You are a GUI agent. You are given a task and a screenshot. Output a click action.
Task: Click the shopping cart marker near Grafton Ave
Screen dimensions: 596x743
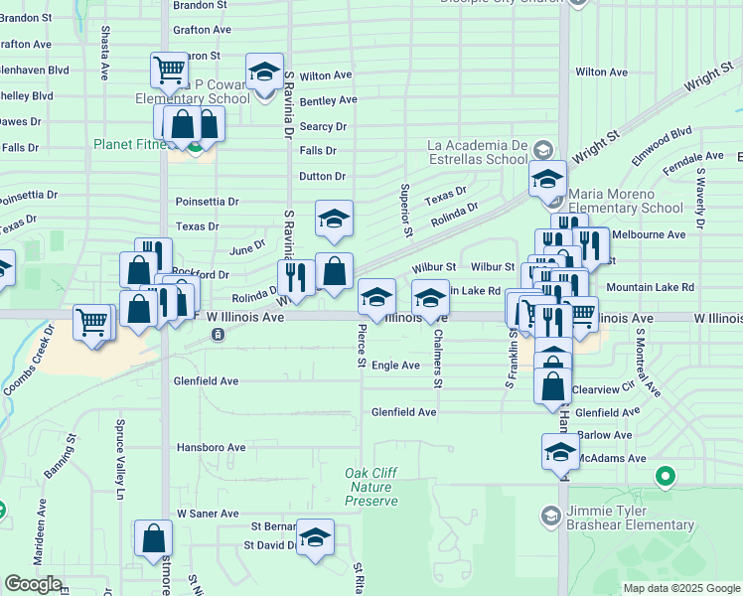(x=169, y=70)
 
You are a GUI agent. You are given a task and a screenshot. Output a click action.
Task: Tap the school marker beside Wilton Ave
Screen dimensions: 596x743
(x=263, y=74)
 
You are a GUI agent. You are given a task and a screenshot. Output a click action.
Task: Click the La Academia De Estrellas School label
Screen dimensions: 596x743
(x=477, y=151)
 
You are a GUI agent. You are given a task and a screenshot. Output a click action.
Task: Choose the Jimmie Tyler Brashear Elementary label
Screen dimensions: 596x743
(x=630, y=518)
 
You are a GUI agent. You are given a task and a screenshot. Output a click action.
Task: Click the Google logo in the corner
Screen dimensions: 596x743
(x=33, y=584)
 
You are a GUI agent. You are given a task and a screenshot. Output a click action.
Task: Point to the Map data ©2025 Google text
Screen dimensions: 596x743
(x=680, y=588)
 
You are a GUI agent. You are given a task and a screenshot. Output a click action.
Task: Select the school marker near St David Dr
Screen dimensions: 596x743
(x=316, y=538)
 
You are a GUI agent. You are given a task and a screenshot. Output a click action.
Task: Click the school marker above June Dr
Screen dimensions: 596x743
(x=335, y=219)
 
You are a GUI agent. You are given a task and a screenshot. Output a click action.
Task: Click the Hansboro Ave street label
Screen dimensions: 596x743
(x=211, y=448)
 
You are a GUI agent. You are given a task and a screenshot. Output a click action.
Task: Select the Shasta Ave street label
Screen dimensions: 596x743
(x=105, y=54)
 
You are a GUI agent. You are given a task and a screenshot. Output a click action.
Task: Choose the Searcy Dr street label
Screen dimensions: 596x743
(x=323, y=126)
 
